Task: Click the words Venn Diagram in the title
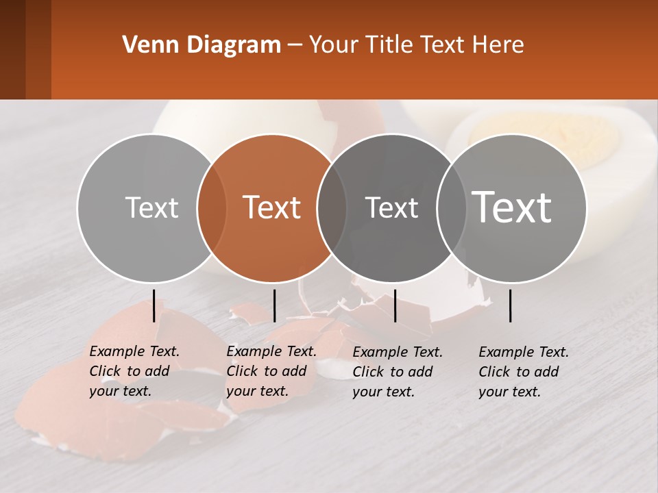[202, 45]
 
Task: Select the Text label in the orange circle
[272, 207]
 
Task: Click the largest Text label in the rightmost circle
[512, 207]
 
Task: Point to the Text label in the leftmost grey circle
[151, 207]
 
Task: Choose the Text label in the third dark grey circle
[391, 207]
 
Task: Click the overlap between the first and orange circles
[212, 208]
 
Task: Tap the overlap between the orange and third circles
[332, 208]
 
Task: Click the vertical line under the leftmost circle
[154, 305]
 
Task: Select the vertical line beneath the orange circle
[274, 305]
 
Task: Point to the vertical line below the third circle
[395, 305]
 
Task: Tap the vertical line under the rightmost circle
[511, 305]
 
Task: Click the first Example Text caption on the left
[134, 371]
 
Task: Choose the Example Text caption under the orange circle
[271, 371]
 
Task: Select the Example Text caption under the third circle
[398, 372]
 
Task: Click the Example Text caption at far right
[524, 372]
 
